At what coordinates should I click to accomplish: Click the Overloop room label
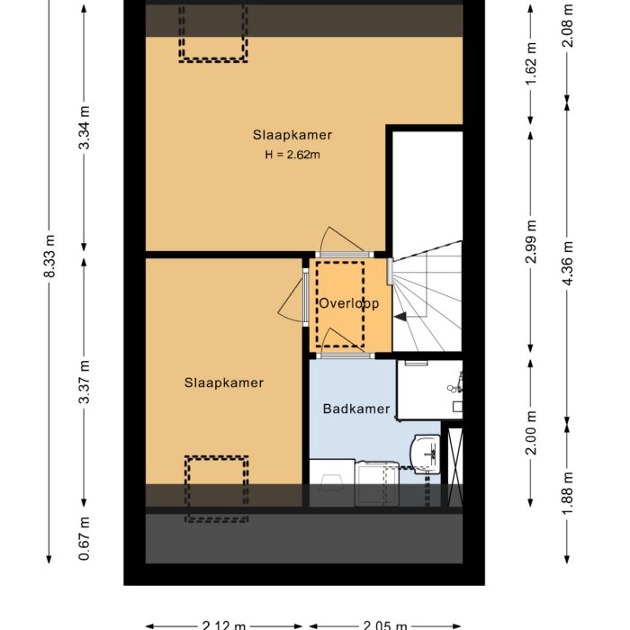point(349,304)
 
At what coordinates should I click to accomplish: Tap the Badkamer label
point(356,409)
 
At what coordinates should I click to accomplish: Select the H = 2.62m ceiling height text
point(292,155)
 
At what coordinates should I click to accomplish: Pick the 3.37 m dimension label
point(85,382)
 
